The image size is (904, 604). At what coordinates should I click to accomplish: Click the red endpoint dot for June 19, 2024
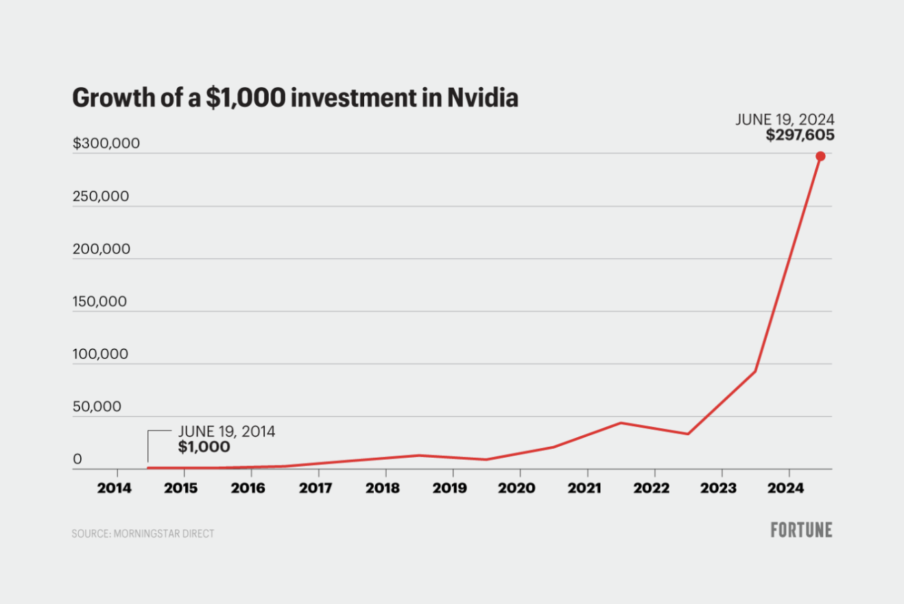(x=820, y=156)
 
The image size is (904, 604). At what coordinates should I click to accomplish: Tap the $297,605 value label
(x=800, y=135)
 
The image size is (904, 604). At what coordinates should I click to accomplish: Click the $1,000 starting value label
(x=204, y=447)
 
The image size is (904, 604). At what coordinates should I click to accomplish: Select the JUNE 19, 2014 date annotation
(x=226, y=432)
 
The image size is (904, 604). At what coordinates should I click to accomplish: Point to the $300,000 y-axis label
(x=106, y=143)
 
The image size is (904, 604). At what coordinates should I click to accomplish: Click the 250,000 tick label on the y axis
(x=101, y=196)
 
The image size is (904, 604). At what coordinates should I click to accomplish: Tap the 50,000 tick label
(x=97, y=406)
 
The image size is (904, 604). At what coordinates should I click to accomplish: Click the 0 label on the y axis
(x=78, y=459)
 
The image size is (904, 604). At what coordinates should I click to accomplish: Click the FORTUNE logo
(x=801, y=530)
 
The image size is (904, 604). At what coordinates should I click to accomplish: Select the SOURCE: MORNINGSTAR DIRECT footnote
(x=143, y=533)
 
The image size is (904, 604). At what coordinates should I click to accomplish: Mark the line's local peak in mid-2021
(x=621, y=423)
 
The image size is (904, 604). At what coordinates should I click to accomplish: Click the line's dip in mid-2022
(x=687, y=434)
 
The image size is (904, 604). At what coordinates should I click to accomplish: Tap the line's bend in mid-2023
(x=755, y=371)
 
